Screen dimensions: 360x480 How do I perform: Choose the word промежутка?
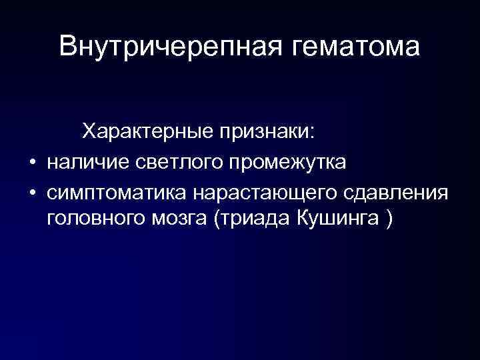(x=287, y=163)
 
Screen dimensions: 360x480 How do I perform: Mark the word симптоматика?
(x=116, y=192)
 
